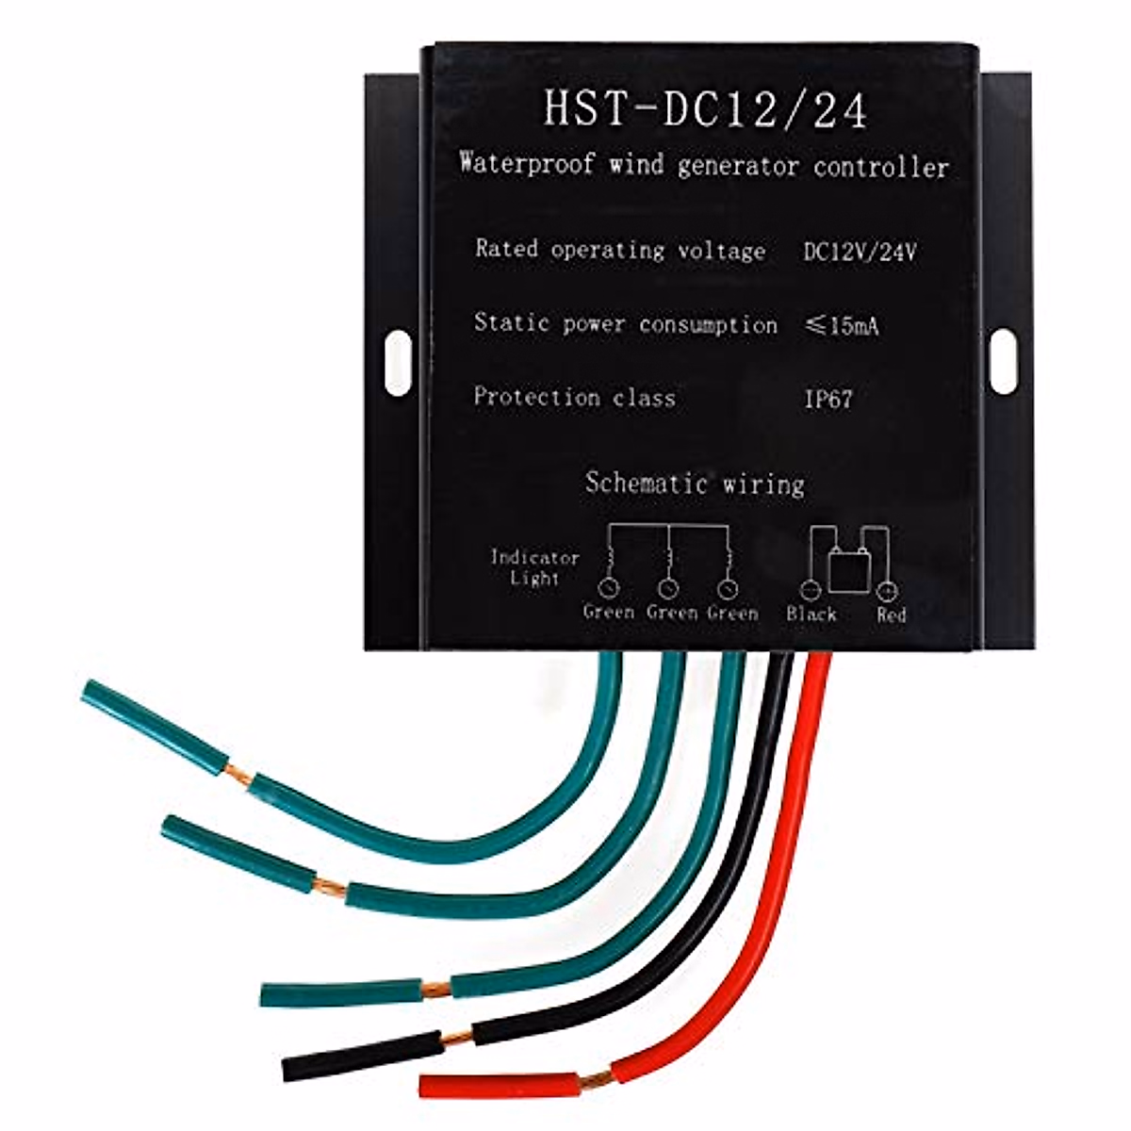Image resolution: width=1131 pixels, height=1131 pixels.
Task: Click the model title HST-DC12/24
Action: [x=705, y=108]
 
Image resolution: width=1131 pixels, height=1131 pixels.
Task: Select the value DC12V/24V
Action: [x=860, y=253]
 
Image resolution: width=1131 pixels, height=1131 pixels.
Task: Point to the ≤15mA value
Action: [x=843, y=326]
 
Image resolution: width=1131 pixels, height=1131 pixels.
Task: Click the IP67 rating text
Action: [x=828, y=399]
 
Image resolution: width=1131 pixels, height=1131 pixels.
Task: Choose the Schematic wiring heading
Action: [x=695, y=484]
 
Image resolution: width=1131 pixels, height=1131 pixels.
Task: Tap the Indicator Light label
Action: [x=534, y=567]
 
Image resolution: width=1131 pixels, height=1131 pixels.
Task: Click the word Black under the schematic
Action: [x=811, y=615]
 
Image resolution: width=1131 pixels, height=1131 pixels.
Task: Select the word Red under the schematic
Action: [x=891, y=615]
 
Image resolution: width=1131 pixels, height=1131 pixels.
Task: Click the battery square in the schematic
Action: [x=848, y=571]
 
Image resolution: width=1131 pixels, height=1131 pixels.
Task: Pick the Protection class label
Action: [x=574, y=397]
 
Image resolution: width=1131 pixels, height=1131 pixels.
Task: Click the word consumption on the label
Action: [x=708, y=325]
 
